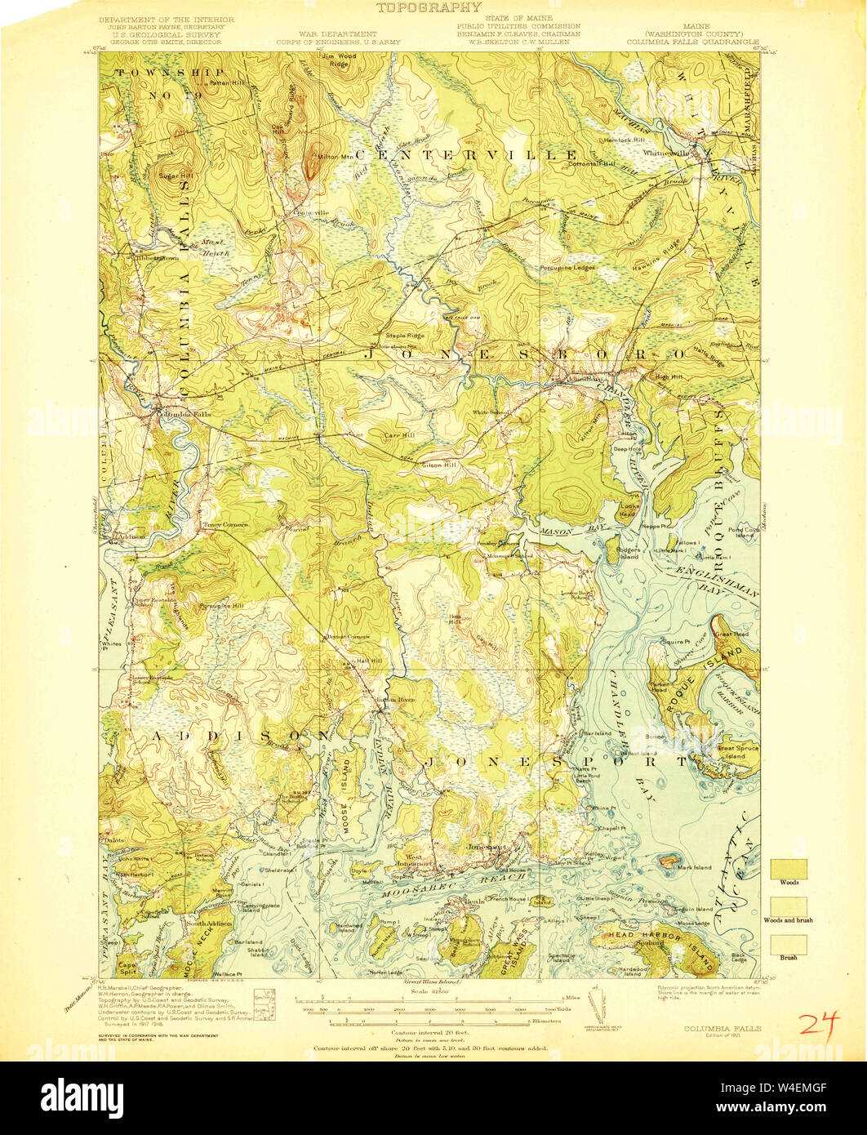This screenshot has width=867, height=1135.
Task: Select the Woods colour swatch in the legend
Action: click(789, 868)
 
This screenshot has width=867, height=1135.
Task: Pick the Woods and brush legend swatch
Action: click(789, 906)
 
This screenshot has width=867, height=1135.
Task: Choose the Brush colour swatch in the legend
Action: click(789, 945)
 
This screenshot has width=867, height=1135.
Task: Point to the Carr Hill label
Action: click(400, 436)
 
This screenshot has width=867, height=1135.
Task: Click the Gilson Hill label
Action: click(437, 465)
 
